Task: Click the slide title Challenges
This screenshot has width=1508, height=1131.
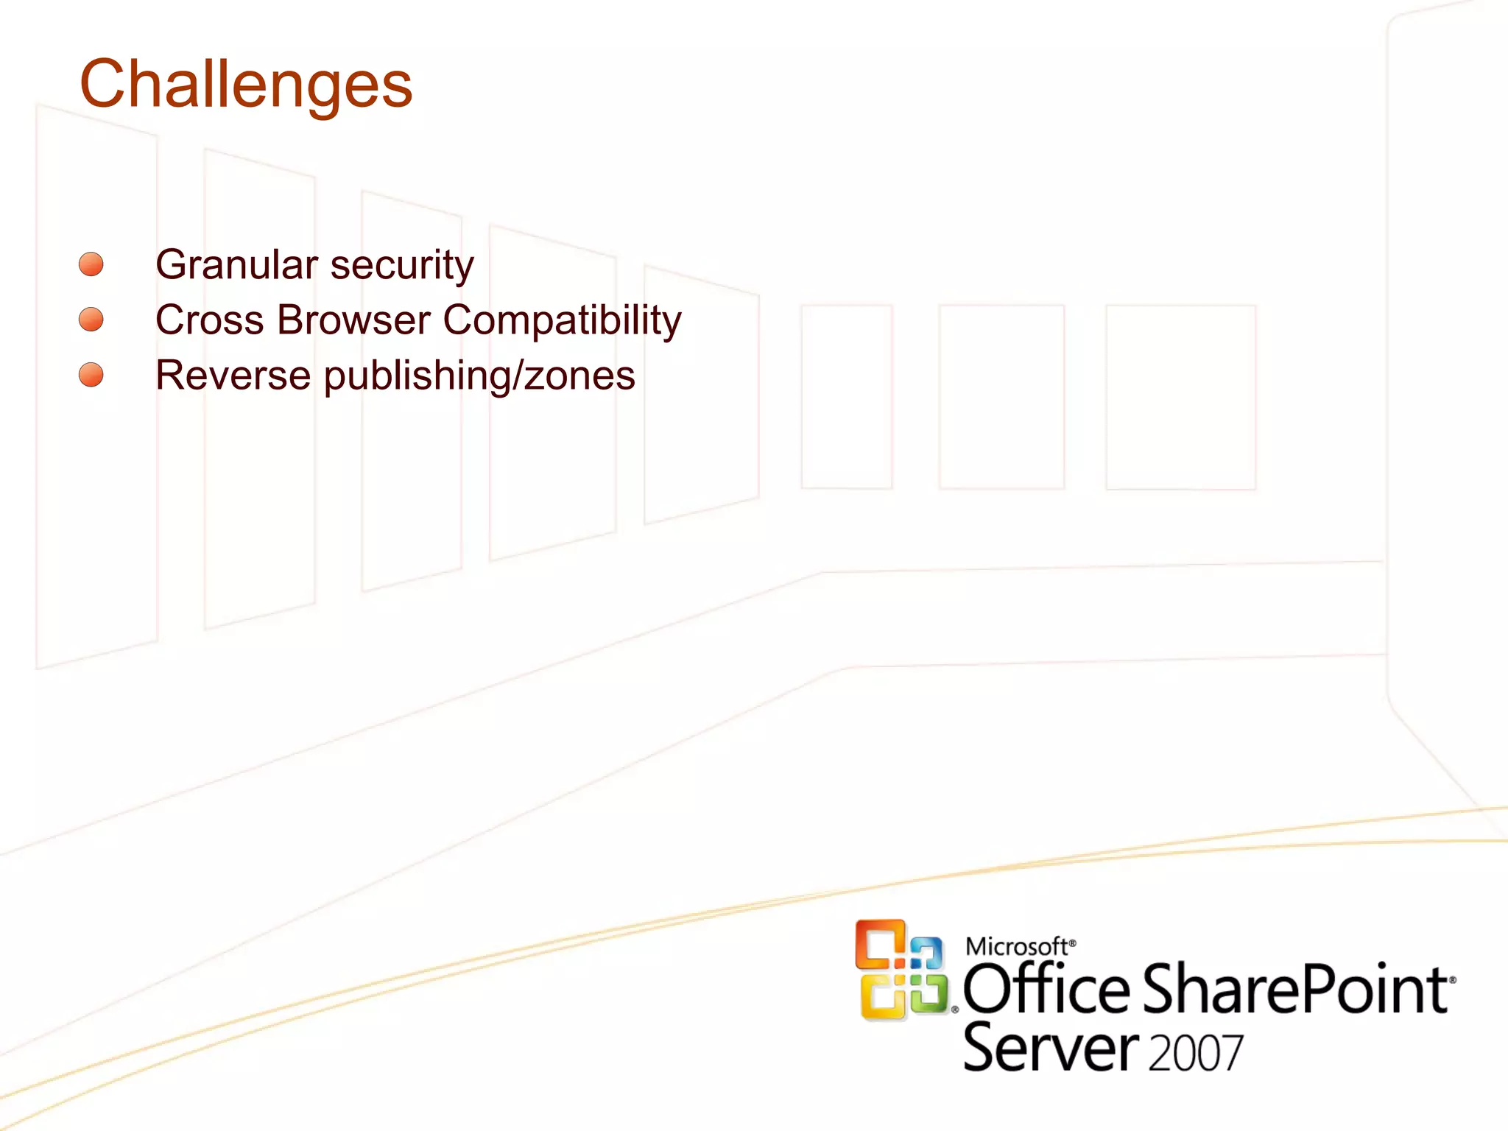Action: pos(246,85)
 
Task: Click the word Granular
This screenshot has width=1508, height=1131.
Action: pos(236,264)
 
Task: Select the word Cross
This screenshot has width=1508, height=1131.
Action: pos(210,320)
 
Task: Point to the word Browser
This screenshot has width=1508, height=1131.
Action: pos(353,320)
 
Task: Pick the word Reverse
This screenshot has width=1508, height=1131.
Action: pos(233,376)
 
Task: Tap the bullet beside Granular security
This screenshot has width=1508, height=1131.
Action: pos(91,264)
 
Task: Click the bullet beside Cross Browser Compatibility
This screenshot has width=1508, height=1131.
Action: pos(91,320)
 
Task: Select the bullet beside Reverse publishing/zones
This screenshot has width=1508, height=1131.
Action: pos(91,375)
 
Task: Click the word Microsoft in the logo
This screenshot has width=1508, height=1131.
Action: pos(1016,946)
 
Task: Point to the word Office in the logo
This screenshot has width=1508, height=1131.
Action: pos(1046,990)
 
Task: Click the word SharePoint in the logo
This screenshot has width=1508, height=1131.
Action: pos(1296,990)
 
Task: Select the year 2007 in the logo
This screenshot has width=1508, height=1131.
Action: pos(1196,1053)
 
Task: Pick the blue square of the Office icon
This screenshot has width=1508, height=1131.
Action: pos(927,953)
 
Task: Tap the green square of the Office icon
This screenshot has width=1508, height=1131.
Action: pos(928,994)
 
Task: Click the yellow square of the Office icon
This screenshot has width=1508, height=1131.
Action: pos(882,998)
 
